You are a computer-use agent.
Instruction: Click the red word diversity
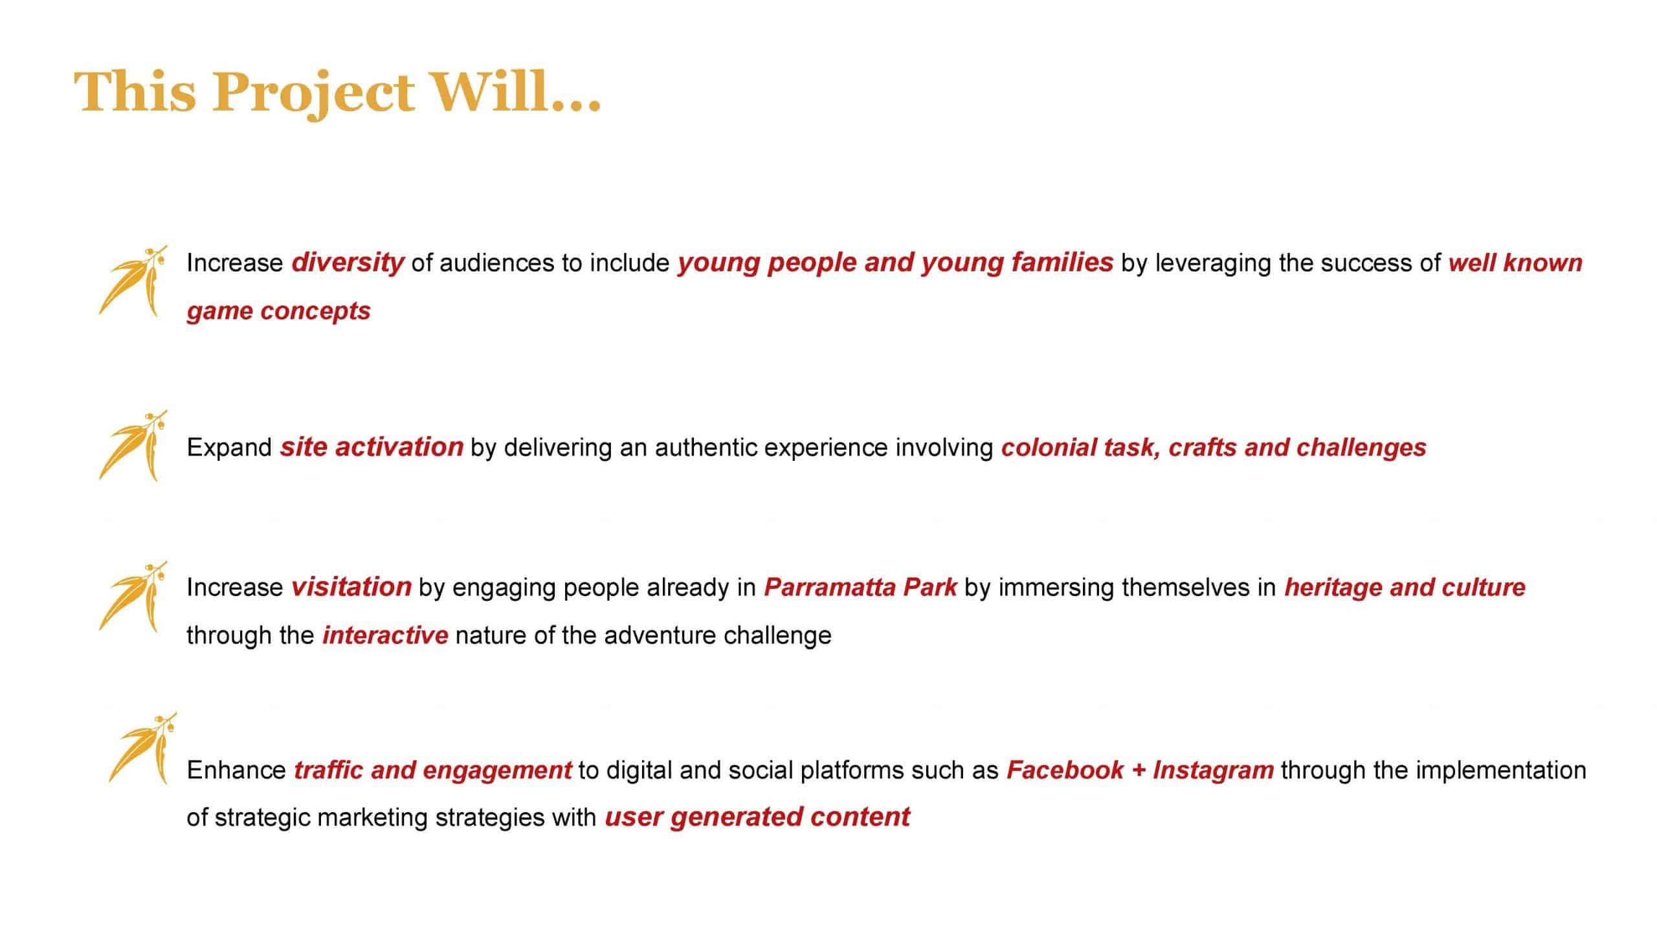(348, 263)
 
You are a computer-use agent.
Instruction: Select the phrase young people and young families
(895, 263)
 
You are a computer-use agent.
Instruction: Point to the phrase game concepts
(278, 311)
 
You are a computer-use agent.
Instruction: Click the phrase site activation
(372, 447)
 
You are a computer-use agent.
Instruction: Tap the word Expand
(229, 448)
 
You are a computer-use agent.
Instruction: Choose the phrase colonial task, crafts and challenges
(1214, 447)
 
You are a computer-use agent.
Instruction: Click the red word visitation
(351, 587)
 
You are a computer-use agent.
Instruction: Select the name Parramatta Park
(860, 587)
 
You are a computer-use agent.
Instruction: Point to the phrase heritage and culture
(1405, 587)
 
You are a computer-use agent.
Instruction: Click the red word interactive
(385, 635)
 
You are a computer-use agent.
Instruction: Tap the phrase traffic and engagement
(432, 770)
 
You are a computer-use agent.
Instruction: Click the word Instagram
(1213, 770)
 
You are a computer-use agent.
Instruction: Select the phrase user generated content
(757, 817)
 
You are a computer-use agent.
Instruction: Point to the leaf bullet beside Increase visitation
(133, 596)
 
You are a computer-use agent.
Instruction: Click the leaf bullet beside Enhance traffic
(142, 748)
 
